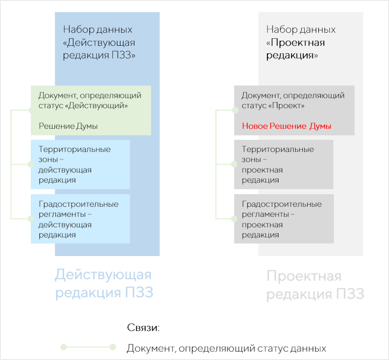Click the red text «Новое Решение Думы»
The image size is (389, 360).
[x=286, y=126]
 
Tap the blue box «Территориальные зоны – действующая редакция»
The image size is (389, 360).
[x=80, y=165]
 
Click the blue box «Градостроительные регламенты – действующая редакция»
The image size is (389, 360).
[x=80, y=219]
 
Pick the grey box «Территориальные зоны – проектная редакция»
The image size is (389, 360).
[x=284, y=165]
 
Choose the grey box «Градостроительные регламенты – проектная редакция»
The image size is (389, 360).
[x=284, y=219]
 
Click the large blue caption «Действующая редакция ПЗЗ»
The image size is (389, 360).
[x=104, y=284]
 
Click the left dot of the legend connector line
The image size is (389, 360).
[x=63, y=347]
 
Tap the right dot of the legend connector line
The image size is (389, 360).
[x=113, y=347]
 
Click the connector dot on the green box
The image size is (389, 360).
[x=31, y=110]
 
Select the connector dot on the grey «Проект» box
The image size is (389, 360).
[x=235, y=110]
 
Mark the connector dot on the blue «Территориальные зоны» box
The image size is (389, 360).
[x=31, y=164]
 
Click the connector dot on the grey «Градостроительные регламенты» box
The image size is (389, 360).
[x=235, y=218]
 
